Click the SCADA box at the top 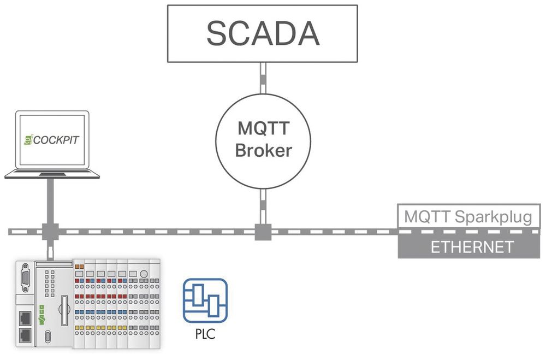[x=263, y=34]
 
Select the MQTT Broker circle [x=263, y=139]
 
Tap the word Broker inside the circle [x=263, y=150]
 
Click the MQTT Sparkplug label [x=467, y=216]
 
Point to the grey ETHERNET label [x=472, y=246]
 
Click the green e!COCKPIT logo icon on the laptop [x=28, y=140]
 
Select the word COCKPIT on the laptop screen [x=56, y=140]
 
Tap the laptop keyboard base [x=52, y=174]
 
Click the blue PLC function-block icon [x=205, y=300]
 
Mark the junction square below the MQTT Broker [x=263, y=232]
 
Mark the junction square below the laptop [x=50, y=232]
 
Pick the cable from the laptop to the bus [x=50, y=199]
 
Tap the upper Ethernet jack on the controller [x=25, y=316]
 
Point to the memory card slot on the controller [x=64, y=309]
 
